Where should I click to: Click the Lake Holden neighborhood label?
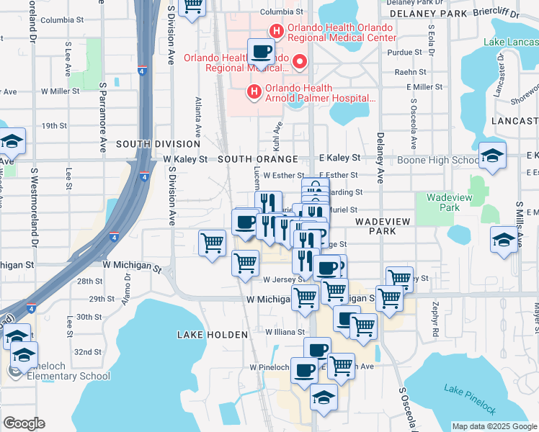206,334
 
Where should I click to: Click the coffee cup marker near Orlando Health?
261,53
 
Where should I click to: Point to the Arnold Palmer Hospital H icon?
253,91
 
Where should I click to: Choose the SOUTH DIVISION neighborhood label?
158,144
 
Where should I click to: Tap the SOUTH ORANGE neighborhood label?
257,158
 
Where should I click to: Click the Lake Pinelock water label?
469,400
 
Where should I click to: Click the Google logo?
24,423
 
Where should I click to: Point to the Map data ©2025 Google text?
494,426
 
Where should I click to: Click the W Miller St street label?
60,91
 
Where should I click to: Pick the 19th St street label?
54,125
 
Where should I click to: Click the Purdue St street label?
404,53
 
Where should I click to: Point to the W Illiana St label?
286,333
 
